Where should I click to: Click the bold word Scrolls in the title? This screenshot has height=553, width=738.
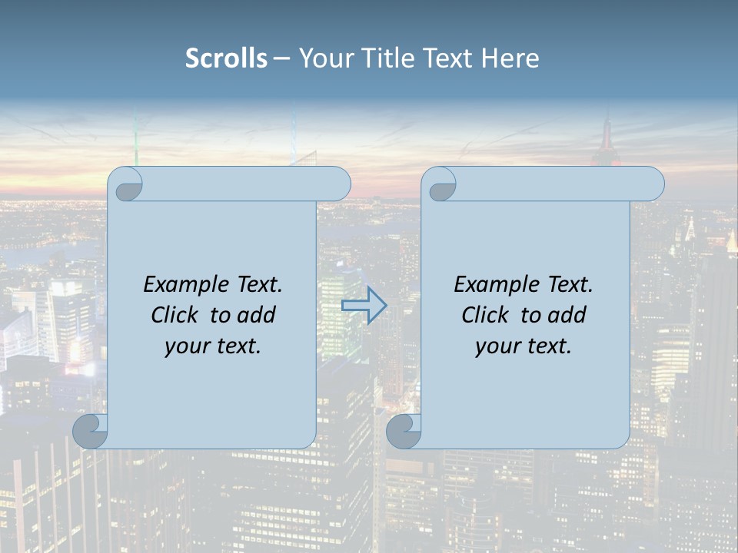click(226, 58)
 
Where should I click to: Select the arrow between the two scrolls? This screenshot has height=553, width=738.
click(364, 305)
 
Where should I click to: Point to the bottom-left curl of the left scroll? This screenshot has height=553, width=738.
click(90, 431)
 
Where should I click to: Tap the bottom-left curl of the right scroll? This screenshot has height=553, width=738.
click(403, 431)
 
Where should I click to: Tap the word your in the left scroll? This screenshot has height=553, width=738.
click(185, 346)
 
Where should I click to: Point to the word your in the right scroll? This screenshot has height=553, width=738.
click(496, 346)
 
